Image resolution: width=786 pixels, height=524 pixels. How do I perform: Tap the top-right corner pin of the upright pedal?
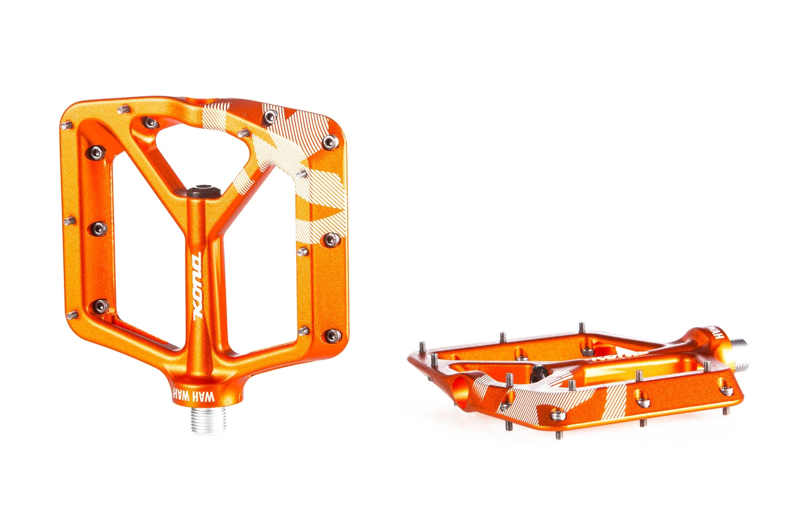tap(330, 142)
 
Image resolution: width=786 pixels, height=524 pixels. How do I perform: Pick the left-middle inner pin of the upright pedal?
tap(99, 228)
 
